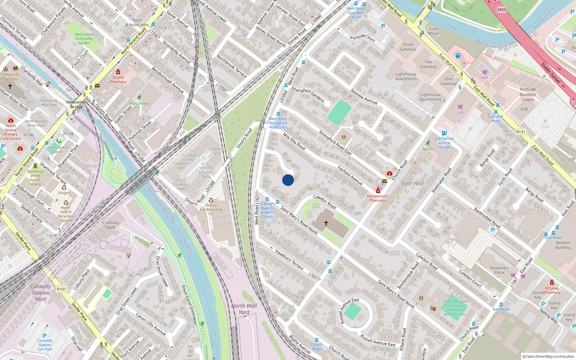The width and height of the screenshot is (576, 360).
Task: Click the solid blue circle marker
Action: tap(288, 180)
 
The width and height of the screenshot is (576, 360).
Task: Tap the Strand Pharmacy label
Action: tap(118, 80)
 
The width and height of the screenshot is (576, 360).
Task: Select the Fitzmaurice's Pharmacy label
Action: tap(378, 198)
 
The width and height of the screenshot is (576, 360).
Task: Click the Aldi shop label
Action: tap(485, 78)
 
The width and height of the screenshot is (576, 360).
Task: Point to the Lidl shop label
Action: tap(460, 112)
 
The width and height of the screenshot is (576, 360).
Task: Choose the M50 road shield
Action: tap(502, 10)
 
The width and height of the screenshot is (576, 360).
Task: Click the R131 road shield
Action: tap(521, 132)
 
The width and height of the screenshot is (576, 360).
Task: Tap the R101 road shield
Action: tap(62, 289)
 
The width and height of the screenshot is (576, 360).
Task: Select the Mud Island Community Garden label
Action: tap(84, 39)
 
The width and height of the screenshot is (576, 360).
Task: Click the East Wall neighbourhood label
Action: tap(413, 183)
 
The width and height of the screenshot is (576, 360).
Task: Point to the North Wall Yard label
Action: tap(244, 309)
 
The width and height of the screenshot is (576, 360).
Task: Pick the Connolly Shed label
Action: tap(111, 225)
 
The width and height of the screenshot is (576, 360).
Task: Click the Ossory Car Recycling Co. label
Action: tap(211, 210)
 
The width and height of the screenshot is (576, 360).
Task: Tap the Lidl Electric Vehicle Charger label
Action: tap(444, 143)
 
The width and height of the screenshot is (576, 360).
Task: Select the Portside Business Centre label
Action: tap(528, 95)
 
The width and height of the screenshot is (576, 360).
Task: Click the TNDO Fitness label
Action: tap(139, 103)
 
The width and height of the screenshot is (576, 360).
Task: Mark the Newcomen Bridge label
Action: tap(76, 104)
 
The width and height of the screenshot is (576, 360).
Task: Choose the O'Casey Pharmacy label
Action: tap(552, 290)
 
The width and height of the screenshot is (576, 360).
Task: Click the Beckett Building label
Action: tap(563, 245)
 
